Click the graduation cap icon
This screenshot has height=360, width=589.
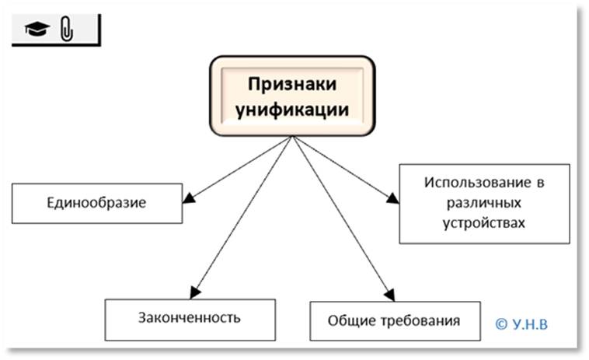[36, 30]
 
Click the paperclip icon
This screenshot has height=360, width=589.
[66, 30]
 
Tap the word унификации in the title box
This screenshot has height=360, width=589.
[291, 110]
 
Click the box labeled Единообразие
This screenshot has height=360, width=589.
[96, 204]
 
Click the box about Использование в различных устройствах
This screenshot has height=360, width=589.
[484, 203]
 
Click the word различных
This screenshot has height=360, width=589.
[484, 204]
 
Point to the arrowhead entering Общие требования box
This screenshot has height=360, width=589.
[389, 295]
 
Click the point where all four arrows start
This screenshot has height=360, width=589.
[291, 137]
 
